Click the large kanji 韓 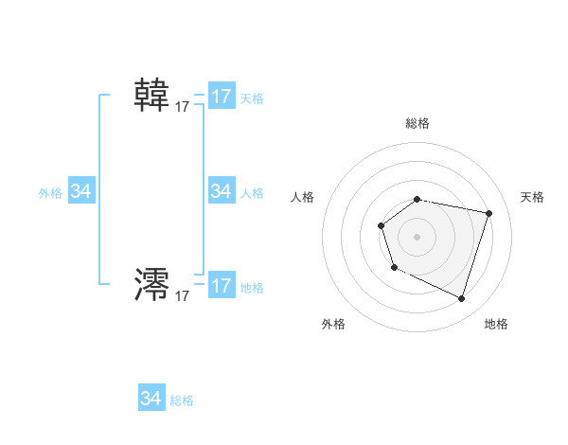(151, 95)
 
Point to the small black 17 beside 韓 (183, 108)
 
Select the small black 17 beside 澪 (183, 296)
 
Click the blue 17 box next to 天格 (222, 97)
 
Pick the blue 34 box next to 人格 (222, 191)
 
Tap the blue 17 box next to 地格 (222, 286)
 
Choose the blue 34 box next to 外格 (81, 191)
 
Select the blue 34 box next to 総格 (151, 399)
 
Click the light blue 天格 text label (252, 98)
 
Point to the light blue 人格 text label (252, 193)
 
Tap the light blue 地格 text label (252, 288)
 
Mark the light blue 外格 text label (50, 193)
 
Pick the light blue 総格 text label (182, 400)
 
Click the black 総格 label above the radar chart (417, 123)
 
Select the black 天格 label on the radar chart (532, 197)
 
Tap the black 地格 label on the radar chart (496, 324)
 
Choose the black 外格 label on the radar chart (333, 324)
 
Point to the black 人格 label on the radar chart (302, 197)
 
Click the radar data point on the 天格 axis (489, 213)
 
